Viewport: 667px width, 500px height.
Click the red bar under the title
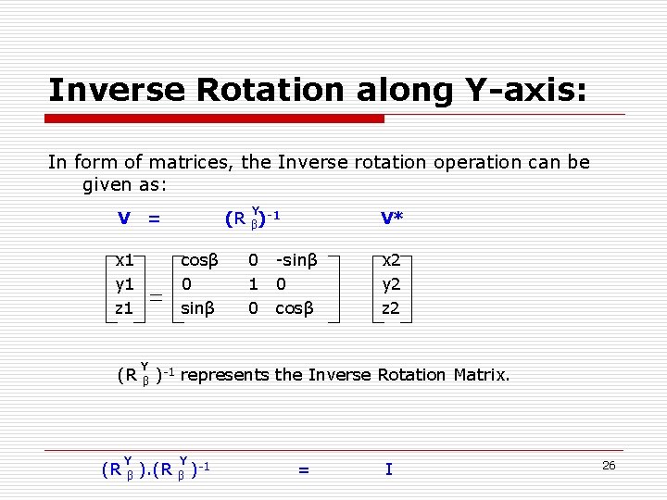pyautogui.click(x=216, y=119)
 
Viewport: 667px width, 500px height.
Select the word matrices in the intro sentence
pyautogui.click(x=194, y=162)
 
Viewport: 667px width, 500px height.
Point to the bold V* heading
pyautogui.click(x=391, y=219)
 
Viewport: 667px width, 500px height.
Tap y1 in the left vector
pyautogui.click(x=124, y=284)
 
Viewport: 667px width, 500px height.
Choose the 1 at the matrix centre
pyautogui.click(x=253, y=284)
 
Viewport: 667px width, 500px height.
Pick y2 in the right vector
pyautogui.click(x=391, y=284)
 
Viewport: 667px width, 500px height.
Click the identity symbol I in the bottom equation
pyautogui.click(x=388, y=469)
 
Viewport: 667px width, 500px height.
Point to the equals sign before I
pyautogui.click(x=303, y=470)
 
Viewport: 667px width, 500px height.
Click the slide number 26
pyautogui.click(x=609, y=465)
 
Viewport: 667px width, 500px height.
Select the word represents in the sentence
pyautogui.click(x=224, y=375)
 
